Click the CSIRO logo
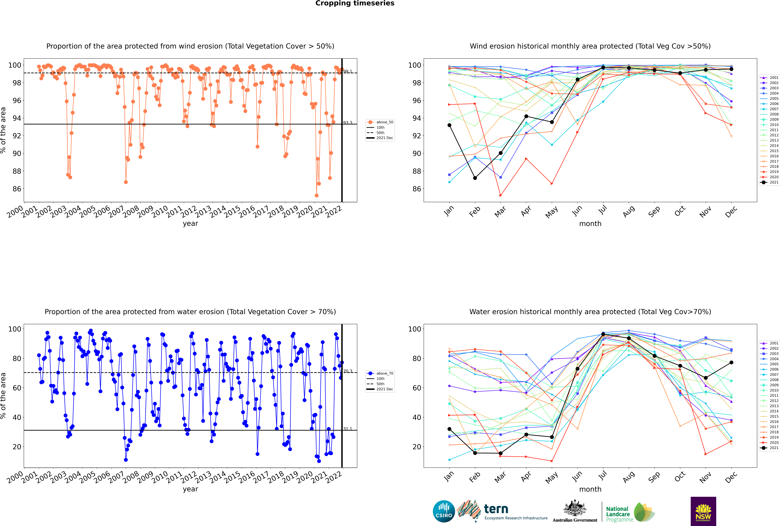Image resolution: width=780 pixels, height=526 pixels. [444, 511]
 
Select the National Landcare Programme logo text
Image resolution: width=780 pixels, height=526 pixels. [618, 514]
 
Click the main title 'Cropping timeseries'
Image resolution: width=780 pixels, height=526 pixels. [355, 3]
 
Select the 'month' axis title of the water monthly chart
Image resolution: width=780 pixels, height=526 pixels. [590, 489]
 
